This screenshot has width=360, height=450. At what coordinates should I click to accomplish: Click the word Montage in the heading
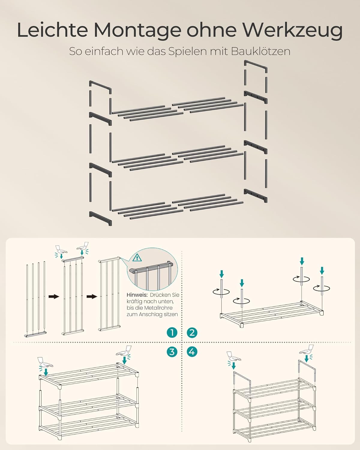click(137, 31)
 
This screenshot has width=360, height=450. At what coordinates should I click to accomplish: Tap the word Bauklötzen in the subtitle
click(261, 51)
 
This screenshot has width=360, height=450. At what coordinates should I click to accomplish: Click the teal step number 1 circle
click(172, 332)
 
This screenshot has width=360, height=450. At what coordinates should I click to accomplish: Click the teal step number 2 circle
click(192, 332)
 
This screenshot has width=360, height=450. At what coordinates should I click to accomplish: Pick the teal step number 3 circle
click(172, 352)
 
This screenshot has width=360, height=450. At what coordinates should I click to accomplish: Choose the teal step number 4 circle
click(192, 352)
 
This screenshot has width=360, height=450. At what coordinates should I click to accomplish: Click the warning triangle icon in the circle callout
click(137, 257)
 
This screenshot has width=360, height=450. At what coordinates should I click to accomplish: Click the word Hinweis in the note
click(137, 295)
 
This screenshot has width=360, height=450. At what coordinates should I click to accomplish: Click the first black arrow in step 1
click(54, 296)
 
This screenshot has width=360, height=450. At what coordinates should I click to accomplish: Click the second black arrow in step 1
click(92, 296)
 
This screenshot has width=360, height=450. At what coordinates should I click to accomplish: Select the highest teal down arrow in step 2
click(301, 261)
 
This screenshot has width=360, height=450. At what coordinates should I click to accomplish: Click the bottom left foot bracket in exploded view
click(100, 218)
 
